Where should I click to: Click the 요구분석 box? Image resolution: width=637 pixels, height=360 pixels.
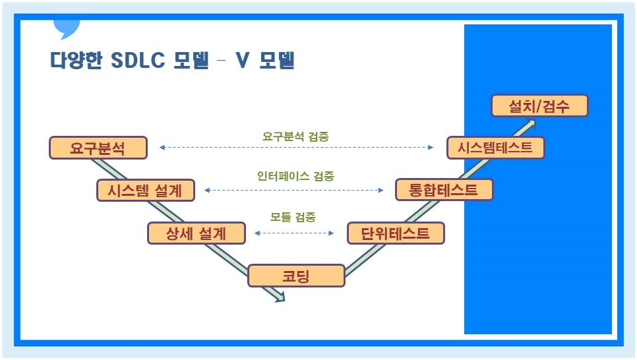(98, 148)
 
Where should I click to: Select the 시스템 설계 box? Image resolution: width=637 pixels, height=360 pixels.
(146, 190)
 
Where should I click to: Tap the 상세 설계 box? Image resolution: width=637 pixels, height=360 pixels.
(197, 233)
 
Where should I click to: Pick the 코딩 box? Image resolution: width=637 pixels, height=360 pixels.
(296, 276)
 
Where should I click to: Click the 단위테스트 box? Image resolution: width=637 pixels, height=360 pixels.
(396, 233)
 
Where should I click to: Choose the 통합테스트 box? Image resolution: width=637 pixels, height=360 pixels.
(444, 190)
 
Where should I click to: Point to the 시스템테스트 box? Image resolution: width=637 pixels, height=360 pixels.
(495, 148)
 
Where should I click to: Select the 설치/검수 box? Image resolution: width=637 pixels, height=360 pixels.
(539, 105)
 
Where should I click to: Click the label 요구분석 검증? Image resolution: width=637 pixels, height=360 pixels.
(295, 136)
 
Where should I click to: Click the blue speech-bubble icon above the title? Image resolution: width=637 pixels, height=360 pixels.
(66, 28)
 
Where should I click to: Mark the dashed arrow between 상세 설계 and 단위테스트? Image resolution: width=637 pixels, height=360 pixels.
(294, 233)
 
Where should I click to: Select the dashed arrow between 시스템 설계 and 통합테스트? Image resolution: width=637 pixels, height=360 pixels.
(294, 190)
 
